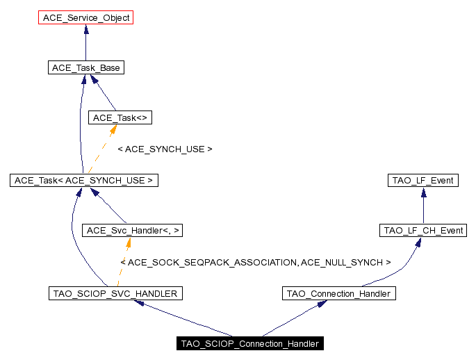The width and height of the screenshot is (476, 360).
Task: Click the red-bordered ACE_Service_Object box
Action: (x=86, y=17)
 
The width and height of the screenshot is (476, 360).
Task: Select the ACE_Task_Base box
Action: (x=85, y=67)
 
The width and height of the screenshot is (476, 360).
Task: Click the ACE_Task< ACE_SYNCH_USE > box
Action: (x=84, y=180)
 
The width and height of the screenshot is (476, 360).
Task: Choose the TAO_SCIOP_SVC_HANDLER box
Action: (x=115, y=293)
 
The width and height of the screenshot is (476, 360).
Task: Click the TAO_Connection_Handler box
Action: (x=339, y=293)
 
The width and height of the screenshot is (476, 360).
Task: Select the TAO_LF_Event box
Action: (x=422, y=180)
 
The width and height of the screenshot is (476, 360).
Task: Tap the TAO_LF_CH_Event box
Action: (x=422, y=230)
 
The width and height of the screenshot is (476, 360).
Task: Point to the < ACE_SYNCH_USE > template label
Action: (x=165, y=149)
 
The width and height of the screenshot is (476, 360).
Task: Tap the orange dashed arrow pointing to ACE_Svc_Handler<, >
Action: (x=123, y=262)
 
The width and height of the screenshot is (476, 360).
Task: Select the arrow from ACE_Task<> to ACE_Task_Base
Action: (x=104, y=93)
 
